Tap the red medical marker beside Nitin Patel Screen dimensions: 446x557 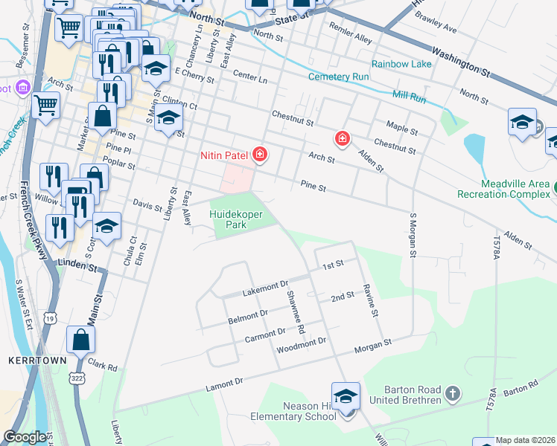pyautogui.click(x=259, y=155)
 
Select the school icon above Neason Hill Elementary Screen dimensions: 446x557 pyautogui.click(x=346, y=397)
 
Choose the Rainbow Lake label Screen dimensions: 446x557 pyautogui.click(x=401, y=65)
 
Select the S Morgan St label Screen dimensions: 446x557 pyautogui.click(x=412, y=235)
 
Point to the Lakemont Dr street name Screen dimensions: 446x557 pyautogui.click(x=264, y=289)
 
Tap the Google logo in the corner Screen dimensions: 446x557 pyautogui.click(x=25, y=437)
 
